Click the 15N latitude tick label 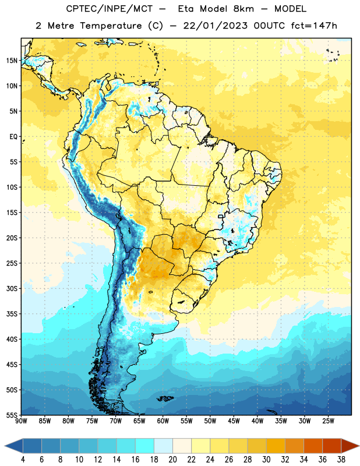[12, 61]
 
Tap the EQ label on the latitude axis [13, 137]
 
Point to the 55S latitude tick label [12, 415]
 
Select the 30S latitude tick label [12, 288]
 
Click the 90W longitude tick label [21, 421]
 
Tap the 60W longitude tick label [163, 421]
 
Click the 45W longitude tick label [234, 421]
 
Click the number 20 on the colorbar [172, 460]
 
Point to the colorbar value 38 [341, 460]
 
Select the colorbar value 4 [23, 460]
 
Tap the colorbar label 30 [266, 460]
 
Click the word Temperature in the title [111, 26]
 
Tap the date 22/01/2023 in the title [215, 26]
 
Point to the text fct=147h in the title [314, 26]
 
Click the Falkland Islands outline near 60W [165, 398]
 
